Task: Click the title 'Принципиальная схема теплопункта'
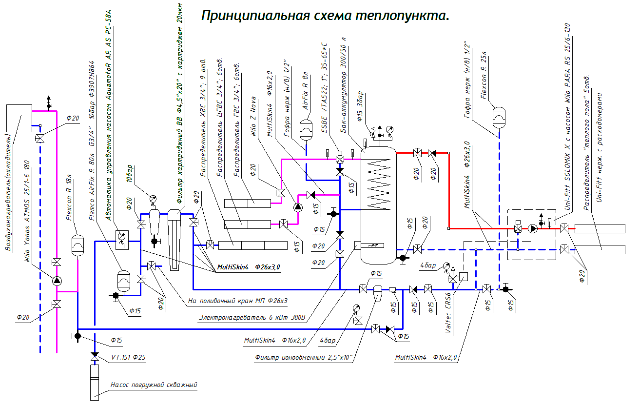tap(325, 15)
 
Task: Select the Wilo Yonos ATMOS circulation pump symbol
tap(57, 280)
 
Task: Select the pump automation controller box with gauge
tap(121, 237)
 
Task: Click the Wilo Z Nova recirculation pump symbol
tap(298, 207)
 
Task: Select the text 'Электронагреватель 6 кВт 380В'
tap(252, 318)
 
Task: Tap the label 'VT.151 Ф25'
tap(128, 357)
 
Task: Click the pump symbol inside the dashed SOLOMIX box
tap(533, 228)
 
